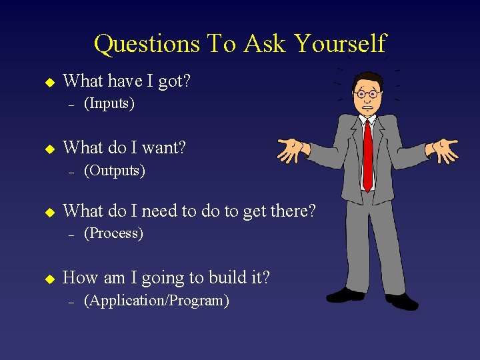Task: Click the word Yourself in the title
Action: [x=340, y=44]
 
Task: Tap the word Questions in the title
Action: [x=146, y=44]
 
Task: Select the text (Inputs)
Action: [x=109, y=103]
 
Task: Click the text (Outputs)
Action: [x=114, y=170]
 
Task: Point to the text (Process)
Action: [x=113, y=233]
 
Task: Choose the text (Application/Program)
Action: [x=156, y=300]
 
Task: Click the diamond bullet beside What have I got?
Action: [x=48, y=82]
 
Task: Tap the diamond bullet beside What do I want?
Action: [x=48, y=149]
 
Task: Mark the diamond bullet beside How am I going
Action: [x=48, y=279]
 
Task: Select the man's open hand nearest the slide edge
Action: [x=444, y=150]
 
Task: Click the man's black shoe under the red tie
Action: [x=345, y=294]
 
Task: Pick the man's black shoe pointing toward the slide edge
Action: [x=402, y=301]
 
